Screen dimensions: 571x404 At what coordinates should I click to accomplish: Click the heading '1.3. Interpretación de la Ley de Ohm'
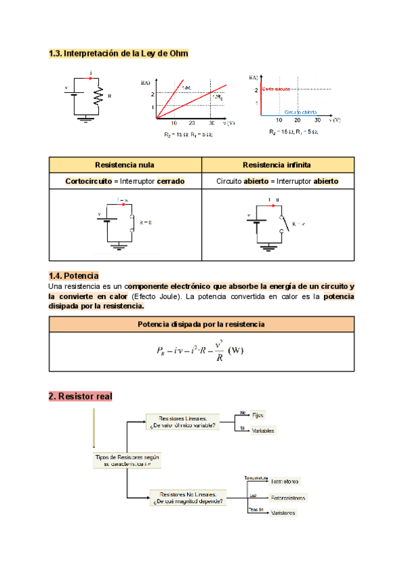119,53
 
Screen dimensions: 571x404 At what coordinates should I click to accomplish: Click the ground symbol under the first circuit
86,120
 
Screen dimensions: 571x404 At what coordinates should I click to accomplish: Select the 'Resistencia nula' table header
125,164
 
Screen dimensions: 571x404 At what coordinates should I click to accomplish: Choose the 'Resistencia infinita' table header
277,164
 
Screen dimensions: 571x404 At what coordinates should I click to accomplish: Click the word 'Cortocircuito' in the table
88,181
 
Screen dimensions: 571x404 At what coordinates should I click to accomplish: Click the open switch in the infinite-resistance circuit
285,223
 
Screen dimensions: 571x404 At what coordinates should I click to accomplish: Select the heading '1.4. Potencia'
74,275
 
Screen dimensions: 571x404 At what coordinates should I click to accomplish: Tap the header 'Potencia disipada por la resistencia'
201,325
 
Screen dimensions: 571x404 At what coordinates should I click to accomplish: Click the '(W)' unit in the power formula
236,350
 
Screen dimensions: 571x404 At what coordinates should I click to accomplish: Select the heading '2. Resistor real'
80,397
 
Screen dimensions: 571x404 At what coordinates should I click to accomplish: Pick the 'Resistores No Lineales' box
188,498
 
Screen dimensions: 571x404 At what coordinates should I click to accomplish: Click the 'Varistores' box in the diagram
283,513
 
